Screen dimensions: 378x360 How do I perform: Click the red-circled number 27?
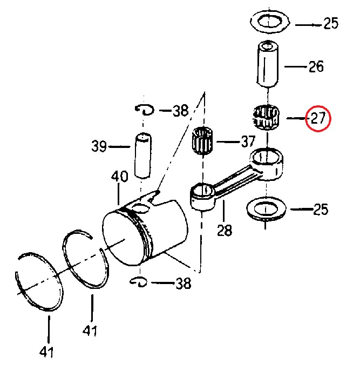[x=318, y=118]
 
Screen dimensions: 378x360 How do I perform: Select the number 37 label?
[x=248, y=142]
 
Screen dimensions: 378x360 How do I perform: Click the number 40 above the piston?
[x=120, y=177]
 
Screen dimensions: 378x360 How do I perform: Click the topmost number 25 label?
[x=330, y=24]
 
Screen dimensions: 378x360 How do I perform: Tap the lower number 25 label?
[x=321, y=209]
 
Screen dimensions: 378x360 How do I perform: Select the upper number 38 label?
[x=180, y=111]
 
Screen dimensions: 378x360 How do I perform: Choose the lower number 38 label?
[x=182, y=282]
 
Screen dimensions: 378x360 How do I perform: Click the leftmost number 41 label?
[x=47, y=352]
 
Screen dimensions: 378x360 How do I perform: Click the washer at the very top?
[x=271, y=23]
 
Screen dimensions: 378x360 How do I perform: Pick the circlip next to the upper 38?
[x=145, y=110]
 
